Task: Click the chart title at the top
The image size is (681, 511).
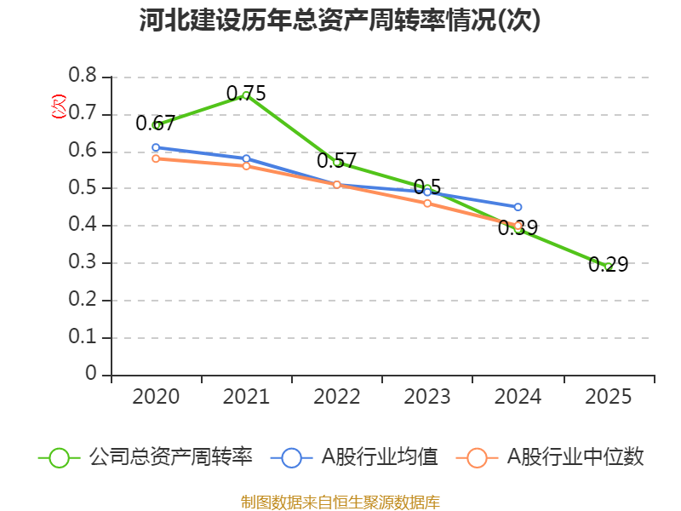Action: pos(340,21)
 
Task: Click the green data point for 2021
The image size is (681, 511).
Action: pos(246,95)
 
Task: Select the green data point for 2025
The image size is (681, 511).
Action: pos(608,266)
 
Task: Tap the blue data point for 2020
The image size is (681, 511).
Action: pos(156,147)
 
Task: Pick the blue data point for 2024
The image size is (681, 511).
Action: pos(518,207)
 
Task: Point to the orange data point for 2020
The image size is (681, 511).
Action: pos(156,158)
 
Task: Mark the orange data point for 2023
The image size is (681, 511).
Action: pos(427,204)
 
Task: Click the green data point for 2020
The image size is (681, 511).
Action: pos(157,125)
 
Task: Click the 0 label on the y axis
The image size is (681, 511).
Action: pos(91,375)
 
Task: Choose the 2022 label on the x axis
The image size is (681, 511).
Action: pos(337,397)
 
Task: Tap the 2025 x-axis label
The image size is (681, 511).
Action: pos(608,397)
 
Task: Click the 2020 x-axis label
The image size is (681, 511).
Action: pos(156,397)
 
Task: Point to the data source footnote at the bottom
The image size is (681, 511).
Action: pos(340,502)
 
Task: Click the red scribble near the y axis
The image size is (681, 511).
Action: pos(58,106)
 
